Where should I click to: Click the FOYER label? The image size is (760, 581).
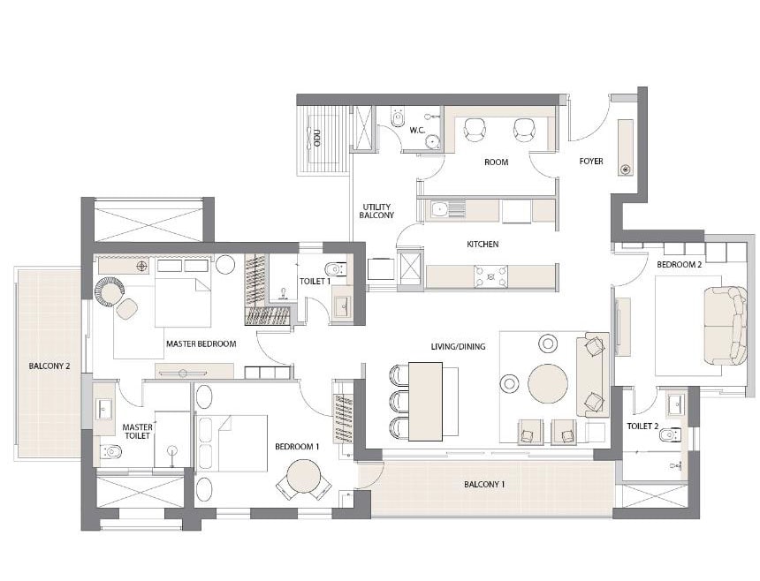[591, 162]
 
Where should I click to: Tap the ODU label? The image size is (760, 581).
[317, 138]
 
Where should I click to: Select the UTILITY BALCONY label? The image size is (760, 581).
[376, 211]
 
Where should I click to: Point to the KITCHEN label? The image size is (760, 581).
[483, 244]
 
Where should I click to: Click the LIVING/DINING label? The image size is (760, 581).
[458, 347]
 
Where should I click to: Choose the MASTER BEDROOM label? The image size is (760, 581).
[201, 343]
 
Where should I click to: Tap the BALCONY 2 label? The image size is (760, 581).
[49, 366]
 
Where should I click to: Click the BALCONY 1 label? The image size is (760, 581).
[484, 484]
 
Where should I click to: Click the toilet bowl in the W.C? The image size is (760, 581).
[398, 117]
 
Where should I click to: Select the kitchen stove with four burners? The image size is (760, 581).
[491, 276]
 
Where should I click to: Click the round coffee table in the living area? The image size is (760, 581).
[548, 383]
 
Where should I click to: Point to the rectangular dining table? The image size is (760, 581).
[426, 402]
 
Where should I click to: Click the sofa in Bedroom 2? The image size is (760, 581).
[726, 325]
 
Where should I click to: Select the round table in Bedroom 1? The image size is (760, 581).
[303, 477]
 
